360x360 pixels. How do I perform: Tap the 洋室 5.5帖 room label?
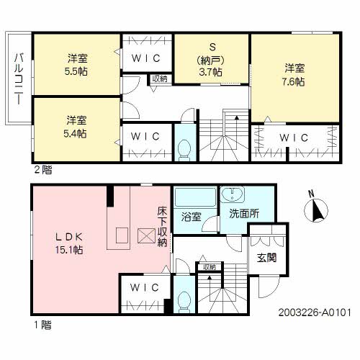(x=76, y=65)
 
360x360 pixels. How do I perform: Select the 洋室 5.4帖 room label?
(x=76, y=127)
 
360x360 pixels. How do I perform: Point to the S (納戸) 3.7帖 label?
(x=211, y=60)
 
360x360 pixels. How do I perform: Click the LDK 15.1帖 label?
(x=69, y=243)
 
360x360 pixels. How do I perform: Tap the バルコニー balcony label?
(x=19, y=79)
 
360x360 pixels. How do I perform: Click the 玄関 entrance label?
(x=267, y=258)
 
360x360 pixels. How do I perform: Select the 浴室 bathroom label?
(x=191, y=217)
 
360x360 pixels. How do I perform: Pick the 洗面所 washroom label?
(x=244, y=213)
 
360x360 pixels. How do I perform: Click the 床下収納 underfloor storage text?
(x=162, y=227)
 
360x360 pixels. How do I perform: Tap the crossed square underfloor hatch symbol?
(x=146, y=235)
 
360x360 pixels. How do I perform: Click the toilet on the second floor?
(x=184, y=150)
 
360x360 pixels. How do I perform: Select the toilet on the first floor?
(x=184, y=302)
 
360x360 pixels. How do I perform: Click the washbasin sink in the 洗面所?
(x=233, y=194)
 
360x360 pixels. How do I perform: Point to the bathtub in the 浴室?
(x=195, y=197)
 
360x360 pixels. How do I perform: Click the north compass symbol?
(x=315, y=209)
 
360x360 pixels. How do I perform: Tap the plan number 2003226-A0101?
(x=315, y=312)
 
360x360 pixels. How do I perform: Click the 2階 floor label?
(x=43, y=170)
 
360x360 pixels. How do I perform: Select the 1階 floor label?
(x=42, y=325)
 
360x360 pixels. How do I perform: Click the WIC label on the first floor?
(x=145, y=287)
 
